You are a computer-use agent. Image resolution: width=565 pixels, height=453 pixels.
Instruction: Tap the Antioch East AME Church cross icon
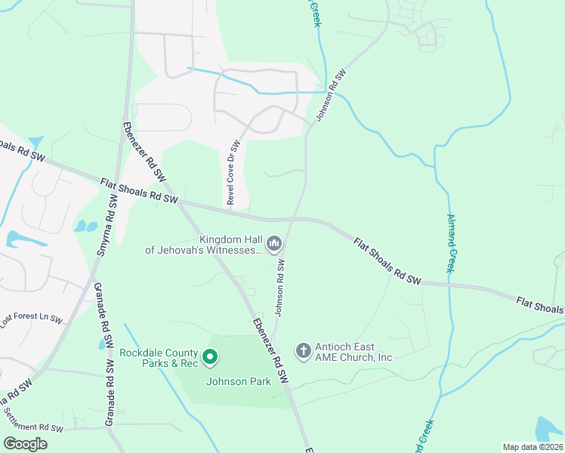click(x=303, y=351)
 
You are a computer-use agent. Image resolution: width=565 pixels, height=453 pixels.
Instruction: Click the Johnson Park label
click(x=239, y=381)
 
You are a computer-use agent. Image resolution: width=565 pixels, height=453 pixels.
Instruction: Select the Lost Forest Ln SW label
click(x=31, y=319)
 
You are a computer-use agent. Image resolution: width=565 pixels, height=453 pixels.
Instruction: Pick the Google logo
click(x=25, y=444)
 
